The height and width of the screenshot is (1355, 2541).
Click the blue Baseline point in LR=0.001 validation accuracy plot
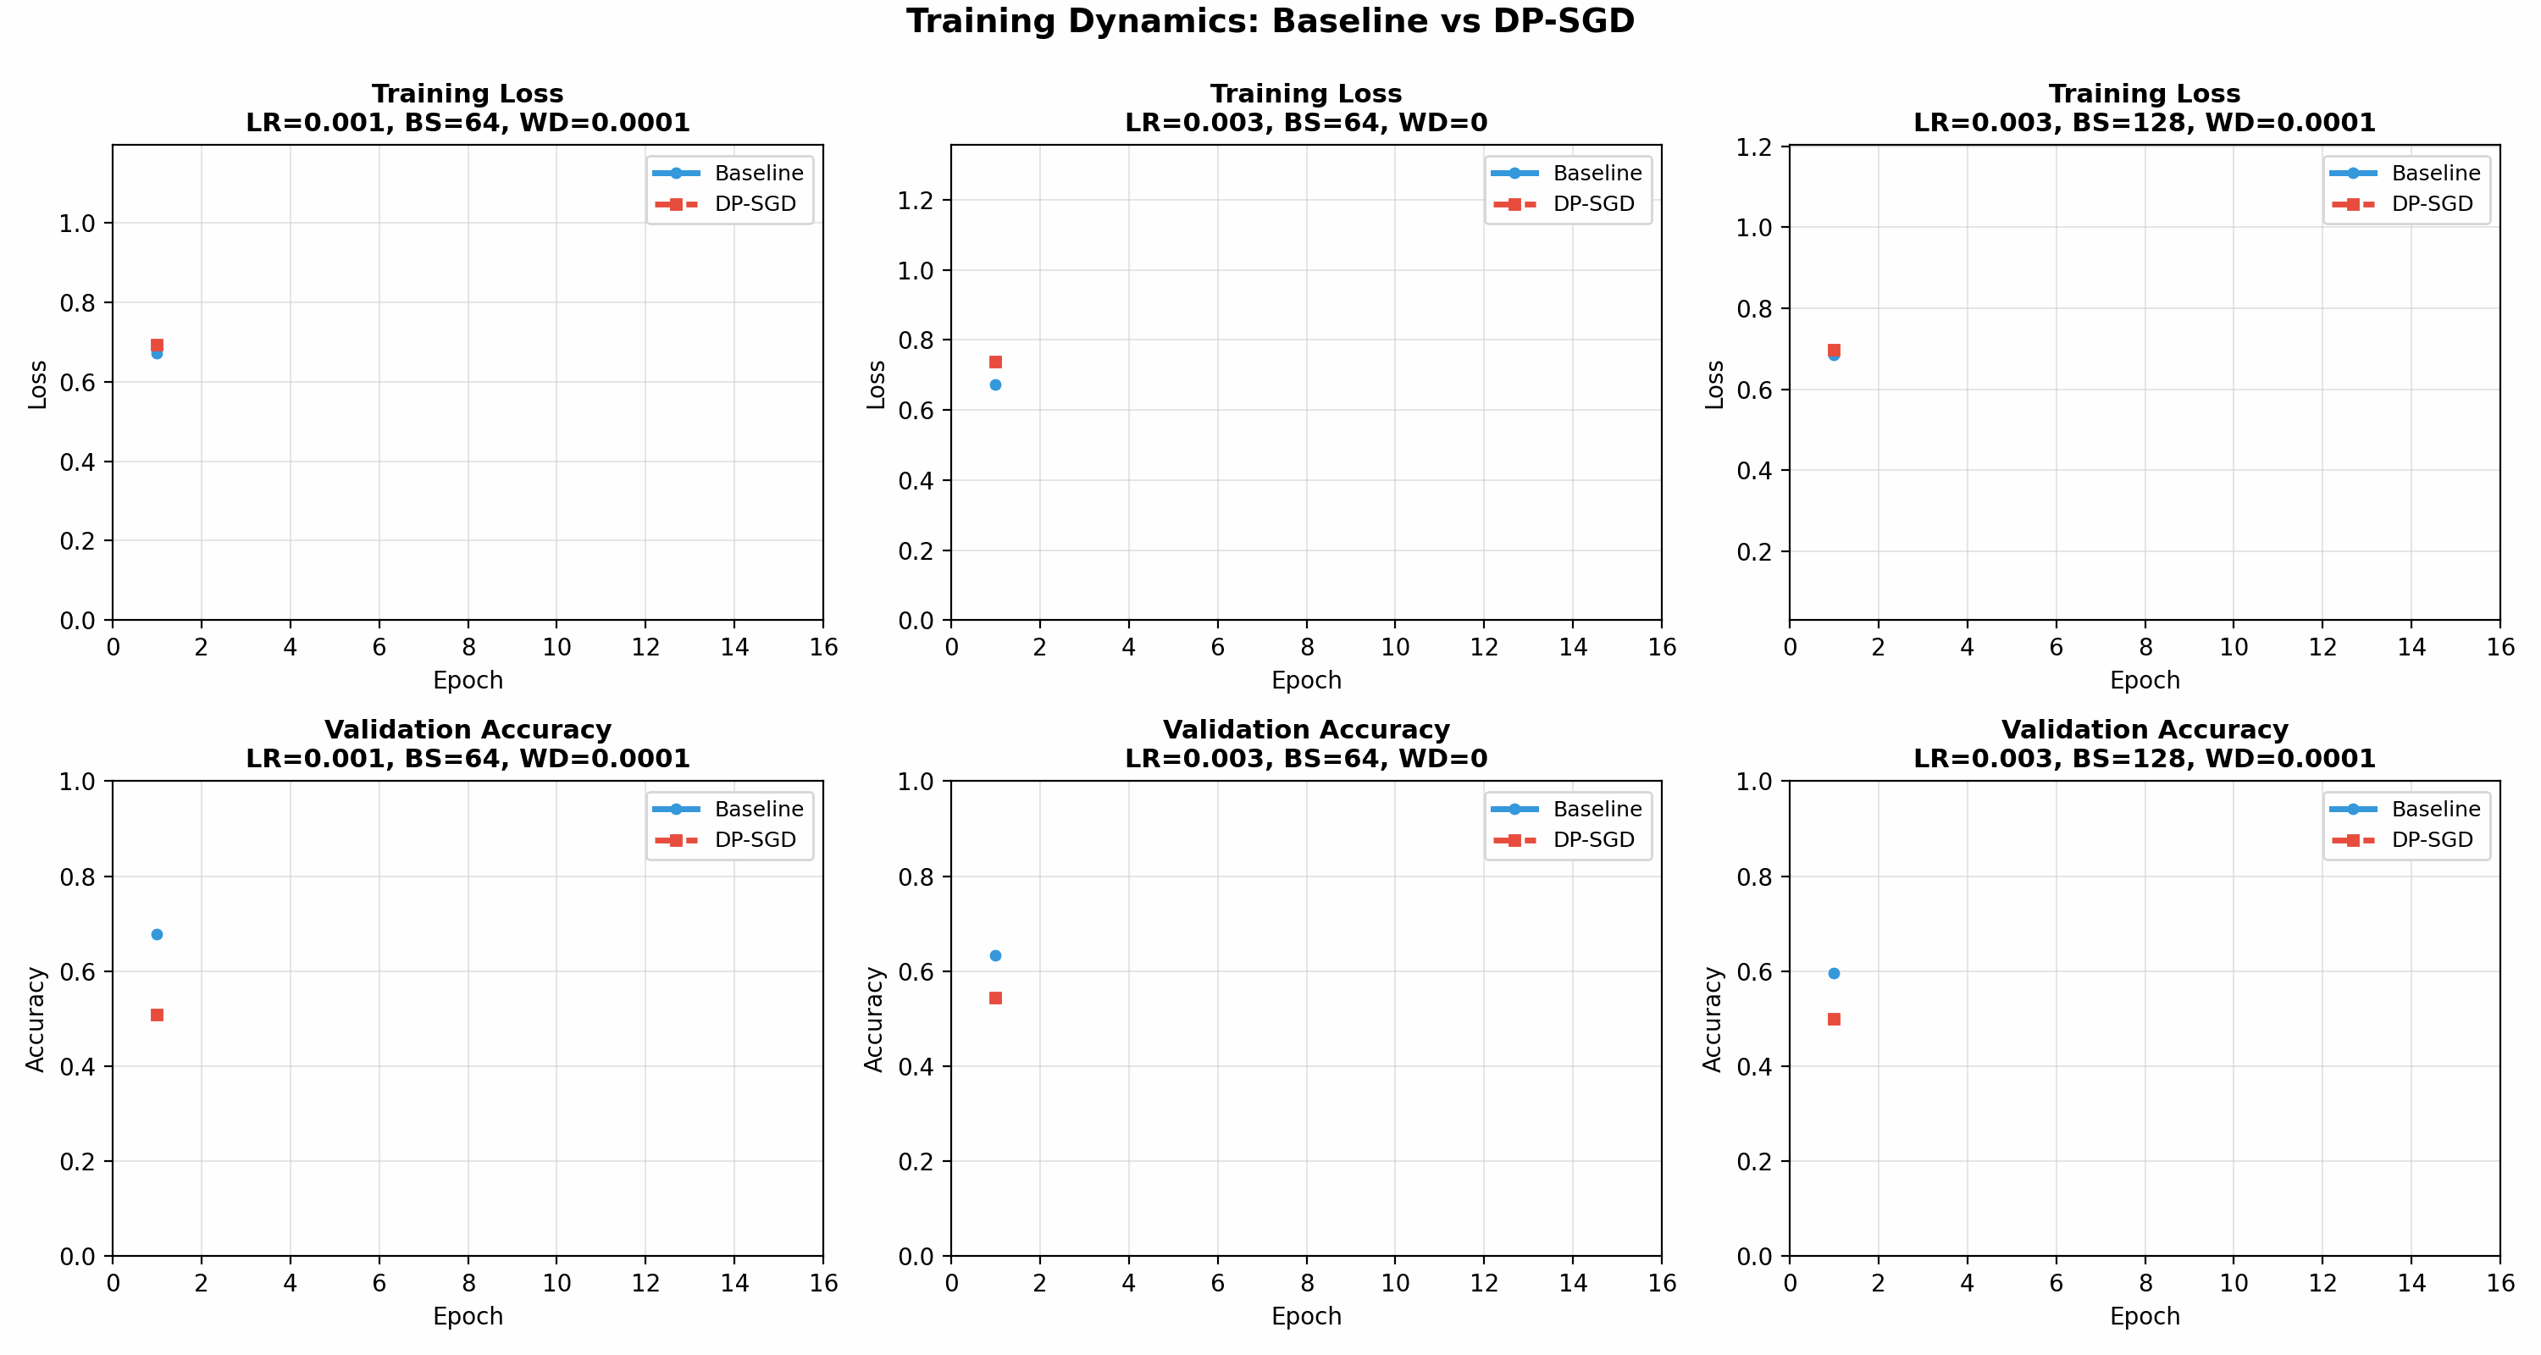[x=157, y=934]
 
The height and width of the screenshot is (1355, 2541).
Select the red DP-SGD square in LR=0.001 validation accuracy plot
[x=157, y=1015]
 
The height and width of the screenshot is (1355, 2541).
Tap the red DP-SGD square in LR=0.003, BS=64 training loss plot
[x=995, y=362]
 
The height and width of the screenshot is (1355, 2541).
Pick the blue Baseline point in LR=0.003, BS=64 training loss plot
[x=995, y=384]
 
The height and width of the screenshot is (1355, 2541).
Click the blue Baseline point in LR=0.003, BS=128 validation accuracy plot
[x=1834, y=973]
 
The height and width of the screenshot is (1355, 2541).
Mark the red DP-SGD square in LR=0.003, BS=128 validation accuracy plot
[x=1834, y=1019]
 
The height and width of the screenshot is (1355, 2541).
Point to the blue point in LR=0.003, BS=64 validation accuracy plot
[x=995, y=955]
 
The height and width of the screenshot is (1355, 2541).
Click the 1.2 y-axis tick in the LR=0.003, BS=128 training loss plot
[x=1754, y=148]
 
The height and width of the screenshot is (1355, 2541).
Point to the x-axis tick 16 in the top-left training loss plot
[x=822, y=647]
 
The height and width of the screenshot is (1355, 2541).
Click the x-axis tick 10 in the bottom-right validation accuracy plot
[x=2234, y=1283]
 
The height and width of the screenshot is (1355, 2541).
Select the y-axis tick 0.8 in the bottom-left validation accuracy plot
[x=78, y=877]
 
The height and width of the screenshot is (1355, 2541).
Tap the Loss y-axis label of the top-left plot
[x=37, y=384]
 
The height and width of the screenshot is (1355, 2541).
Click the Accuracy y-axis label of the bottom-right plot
[x=1713, y=1019]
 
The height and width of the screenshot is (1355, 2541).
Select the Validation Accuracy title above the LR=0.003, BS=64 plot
[x=1306, y=730]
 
